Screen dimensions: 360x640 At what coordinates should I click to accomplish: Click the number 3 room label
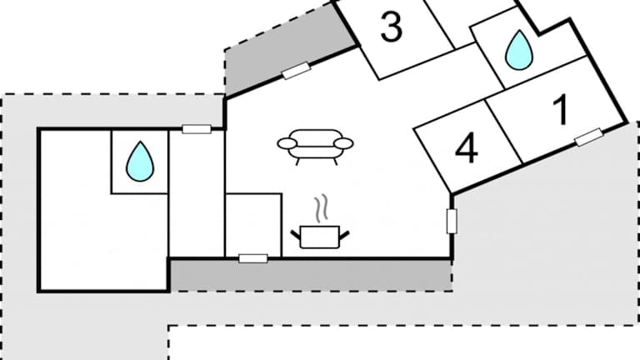(x=392, y=27)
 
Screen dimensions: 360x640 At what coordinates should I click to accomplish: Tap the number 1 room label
(x=561, y=110)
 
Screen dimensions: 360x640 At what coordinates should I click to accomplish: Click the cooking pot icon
(x=319, y=236)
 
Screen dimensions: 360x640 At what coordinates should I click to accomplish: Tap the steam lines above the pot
(x=320, y=207)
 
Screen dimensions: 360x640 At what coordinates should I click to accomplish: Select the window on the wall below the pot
(x=252, y=258)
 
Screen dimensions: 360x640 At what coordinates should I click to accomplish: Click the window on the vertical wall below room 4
(x=452, y=221)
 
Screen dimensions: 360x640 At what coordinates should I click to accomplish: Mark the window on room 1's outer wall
(x=588, y=137)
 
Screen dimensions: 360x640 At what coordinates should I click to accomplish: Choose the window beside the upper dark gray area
(x=296, y=72)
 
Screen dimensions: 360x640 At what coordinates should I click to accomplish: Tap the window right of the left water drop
(x=196, y=129)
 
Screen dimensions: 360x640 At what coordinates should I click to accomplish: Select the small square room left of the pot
(x=253, y=225)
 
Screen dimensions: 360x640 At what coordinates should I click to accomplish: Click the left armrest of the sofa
(x=286, y=144)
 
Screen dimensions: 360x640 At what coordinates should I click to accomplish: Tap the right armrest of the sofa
(x=344, y=144)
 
